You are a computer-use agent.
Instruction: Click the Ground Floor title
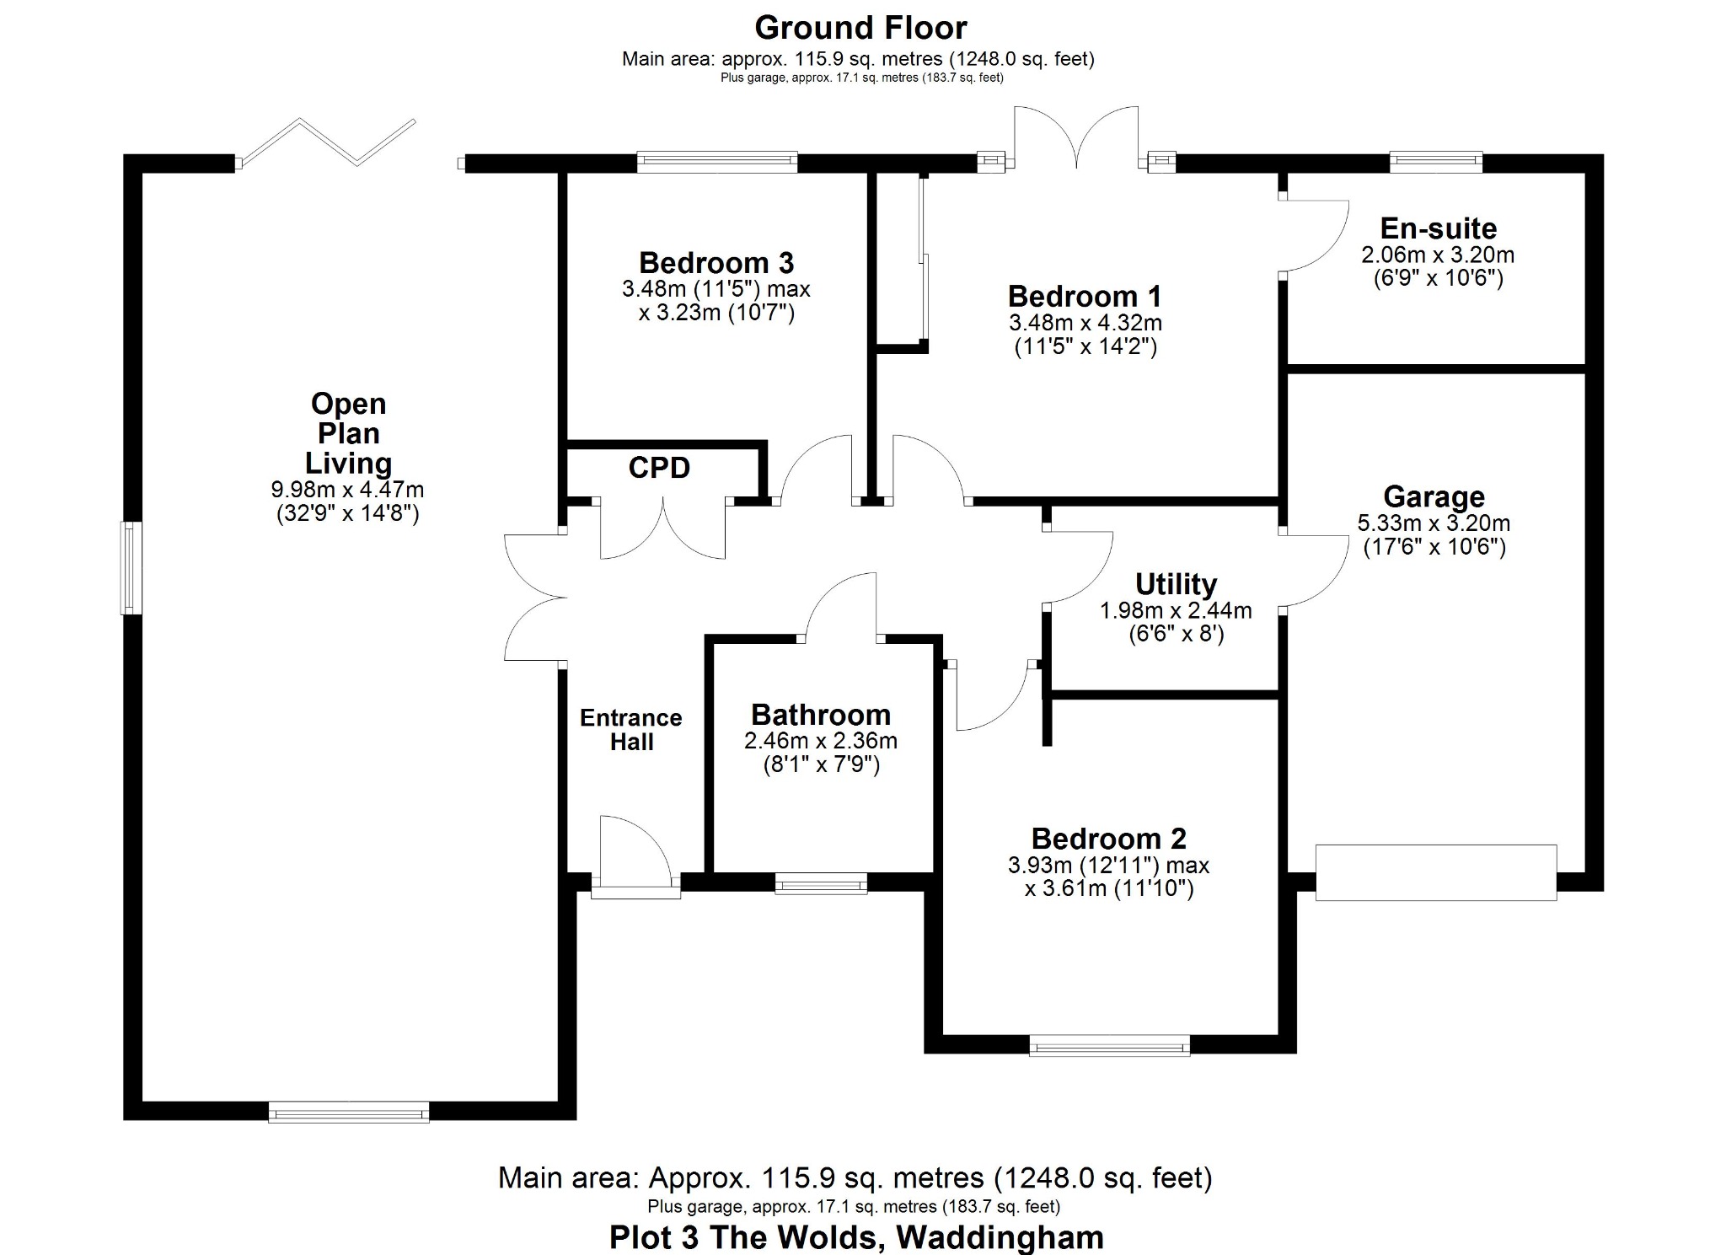click(x=860, y=28)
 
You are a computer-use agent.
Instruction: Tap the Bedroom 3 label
click(x=716, y=263)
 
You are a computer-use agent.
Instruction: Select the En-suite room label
click(x=1438, y=228)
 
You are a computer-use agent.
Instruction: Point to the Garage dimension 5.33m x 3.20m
click(x=1433, y=523)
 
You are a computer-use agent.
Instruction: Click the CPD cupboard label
click(x=659, y=468)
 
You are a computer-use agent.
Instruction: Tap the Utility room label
click(x=1176, y=584)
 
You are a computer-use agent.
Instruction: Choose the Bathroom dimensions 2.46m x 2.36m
click(x=820, y=741)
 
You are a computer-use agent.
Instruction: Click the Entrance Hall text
click(x=630, y=730)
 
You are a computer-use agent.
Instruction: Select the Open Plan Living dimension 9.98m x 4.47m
click(x=347, y=489)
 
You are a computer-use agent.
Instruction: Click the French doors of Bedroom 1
click(x=1076, y=139)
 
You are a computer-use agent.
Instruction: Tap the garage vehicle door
click(x=1435, y=872)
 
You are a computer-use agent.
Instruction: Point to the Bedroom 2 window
click(x=1109, y=1047)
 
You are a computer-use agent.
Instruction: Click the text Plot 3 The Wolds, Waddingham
click(x=856, y=1237)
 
